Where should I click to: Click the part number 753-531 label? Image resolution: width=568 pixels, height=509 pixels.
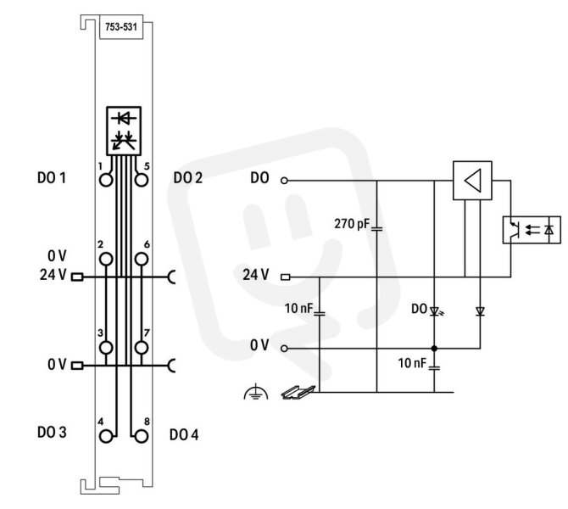[121, 27]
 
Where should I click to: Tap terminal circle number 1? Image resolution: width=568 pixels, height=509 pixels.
[106, 180]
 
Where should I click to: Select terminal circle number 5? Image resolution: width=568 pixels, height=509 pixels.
[142, 180]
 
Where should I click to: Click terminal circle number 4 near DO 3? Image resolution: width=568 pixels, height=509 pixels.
[106, 436]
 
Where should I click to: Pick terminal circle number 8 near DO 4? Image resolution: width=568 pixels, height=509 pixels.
[142, 436]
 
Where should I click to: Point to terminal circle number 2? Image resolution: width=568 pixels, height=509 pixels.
[106, 260]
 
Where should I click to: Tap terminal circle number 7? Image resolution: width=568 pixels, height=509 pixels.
[142, 348]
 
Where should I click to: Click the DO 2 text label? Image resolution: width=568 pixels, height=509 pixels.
[188, 178]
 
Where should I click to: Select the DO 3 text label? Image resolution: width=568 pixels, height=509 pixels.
[52, 432]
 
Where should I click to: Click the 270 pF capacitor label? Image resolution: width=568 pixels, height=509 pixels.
[352, 224]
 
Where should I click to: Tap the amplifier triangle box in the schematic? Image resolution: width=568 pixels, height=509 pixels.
[472, 181]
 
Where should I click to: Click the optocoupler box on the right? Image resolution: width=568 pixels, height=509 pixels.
[532, 230]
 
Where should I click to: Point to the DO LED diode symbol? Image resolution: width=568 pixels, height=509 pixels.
[435, 311]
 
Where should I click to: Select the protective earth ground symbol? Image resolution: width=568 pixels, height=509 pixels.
[256, 392]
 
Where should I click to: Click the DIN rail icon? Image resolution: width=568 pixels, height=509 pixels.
[298, 392]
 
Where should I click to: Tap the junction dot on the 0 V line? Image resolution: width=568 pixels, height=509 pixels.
[434, 349]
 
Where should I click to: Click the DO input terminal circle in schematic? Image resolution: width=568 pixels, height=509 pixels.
[284, 180]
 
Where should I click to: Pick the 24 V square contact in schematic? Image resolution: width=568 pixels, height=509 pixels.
[286, 277]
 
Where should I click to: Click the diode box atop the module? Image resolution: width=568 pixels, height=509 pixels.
[124, 131]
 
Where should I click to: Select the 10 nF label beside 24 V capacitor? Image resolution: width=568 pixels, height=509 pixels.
[299, 308]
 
